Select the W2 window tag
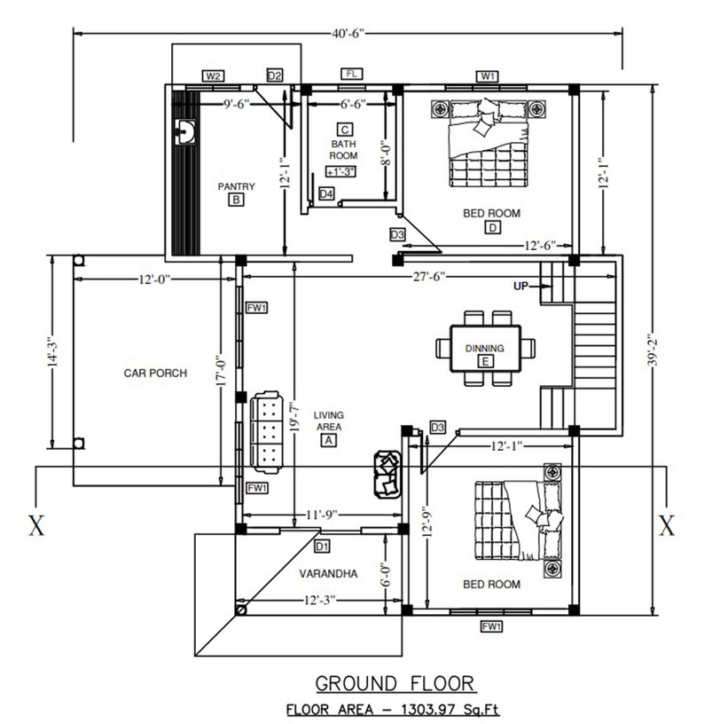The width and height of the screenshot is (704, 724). coord(213,76)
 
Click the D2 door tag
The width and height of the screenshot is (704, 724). coord(275,76)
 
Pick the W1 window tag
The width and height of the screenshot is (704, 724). coord(489,76)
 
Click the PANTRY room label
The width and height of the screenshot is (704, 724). coord(236,186)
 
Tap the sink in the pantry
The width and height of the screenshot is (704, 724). coord(186,132)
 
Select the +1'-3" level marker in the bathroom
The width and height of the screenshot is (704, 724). coord(340,171)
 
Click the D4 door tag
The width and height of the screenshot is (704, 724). coord(326,193)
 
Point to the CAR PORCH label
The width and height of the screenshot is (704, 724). coord(155,374)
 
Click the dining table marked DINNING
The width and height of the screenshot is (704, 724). coord(485,349)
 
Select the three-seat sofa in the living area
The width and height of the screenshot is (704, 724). coord(266,430)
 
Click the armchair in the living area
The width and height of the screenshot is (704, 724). coord(388,474)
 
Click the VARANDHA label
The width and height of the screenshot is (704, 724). coord(328,574)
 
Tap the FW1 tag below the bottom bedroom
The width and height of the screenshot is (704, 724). coord(492,626)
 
